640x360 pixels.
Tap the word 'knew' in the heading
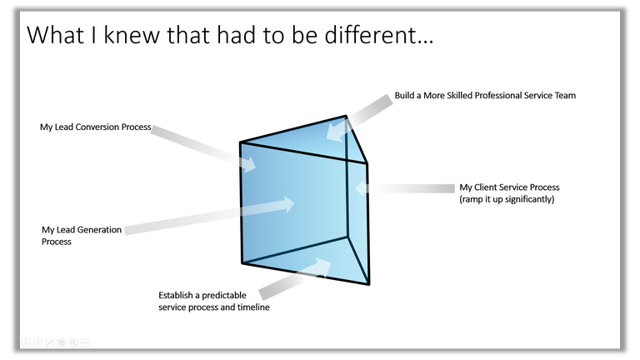tap(132, 34)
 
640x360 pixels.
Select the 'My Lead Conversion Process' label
tap(96, 127)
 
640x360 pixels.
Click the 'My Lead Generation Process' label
tap(82, 236)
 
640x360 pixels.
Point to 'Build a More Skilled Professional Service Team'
tap(485, 96)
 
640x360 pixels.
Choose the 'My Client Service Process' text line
tap(509, 187)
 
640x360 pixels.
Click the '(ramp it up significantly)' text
tap(507, 199)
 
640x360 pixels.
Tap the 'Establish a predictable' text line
tap(202, 295)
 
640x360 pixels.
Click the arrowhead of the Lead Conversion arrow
tap(248, 163)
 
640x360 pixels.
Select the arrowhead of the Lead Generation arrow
tap(287, 204)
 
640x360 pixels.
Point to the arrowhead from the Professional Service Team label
tap(335, 132)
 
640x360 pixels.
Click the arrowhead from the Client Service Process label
tap(361, 188)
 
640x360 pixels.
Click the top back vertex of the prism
tap(346, 116)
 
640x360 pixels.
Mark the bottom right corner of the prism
tap(369, 284)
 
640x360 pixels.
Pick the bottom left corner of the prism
tap(242, 262)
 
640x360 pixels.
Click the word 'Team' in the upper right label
tap(565, 96)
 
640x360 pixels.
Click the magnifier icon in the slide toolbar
tap(73, 342)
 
